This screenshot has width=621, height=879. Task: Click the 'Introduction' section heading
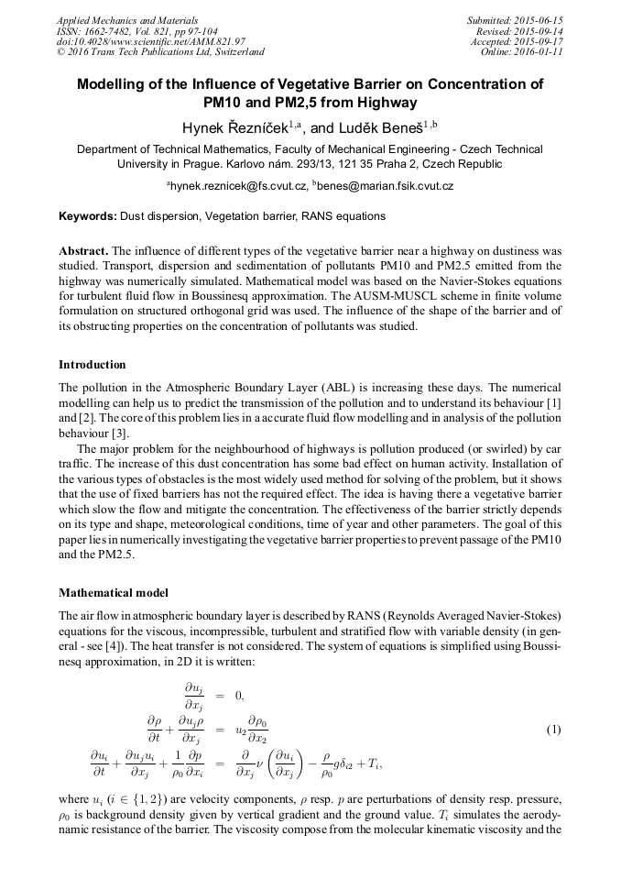(x=93, y=365)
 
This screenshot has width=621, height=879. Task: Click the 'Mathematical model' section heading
(x=113, y=592)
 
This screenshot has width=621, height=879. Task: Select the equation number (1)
(x=553, y=730)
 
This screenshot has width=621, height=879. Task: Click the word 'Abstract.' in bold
(x=83, y=250)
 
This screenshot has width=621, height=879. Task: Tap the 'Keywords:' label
(x=87, y=216)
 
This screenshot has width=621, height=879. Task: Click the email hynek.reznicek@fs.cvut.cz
(x=235, y=186)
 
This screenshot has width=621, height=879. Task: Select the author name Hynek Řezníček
(x=236, y=126)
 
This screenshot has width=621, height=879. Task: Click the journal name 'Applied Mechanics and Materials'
(x=126, y=20)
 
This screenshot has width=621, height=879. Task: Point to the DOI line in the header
(x=150, y=42)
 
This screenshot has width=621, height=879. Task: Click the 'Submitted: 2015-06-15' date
(x=515, y=20)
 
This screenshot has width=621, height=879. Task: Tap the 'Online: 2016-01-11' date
(x=521, y=53)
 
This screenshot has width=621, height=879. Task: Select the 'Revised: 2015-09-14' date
(x=519, y=31)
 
